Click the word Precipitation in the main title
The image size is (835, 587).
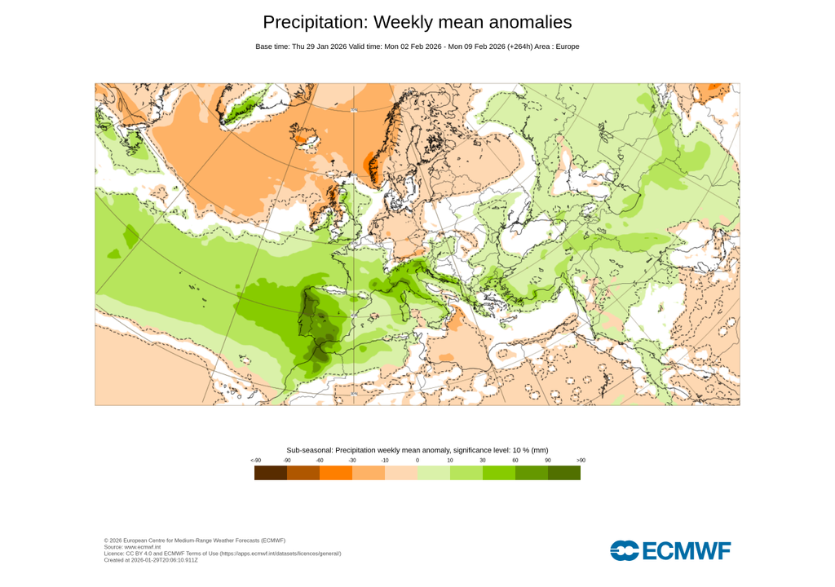tap(314, 22)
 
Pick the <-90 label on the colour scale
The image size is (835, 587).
tap(255, 461)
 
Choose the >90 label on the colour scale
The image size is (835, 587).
tap(581, 461)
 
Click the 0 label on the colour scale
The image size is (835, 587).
tap(417, 461)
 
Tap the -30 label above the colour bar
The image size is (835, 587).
tap(352, 461)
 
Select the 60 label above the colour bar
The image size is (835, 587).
tap(515, 461)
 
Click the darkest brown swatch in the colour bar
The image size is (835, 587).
tap(271, 473)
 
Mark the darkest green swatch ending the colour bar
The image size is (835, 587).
tap(564, 473)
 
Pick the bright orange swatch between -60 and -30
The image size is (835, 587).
tap(336, 473)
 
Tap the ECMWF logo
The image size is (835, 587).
tap(670, 551)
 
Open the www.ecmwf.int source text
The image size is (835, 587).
tap(143, 547)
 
